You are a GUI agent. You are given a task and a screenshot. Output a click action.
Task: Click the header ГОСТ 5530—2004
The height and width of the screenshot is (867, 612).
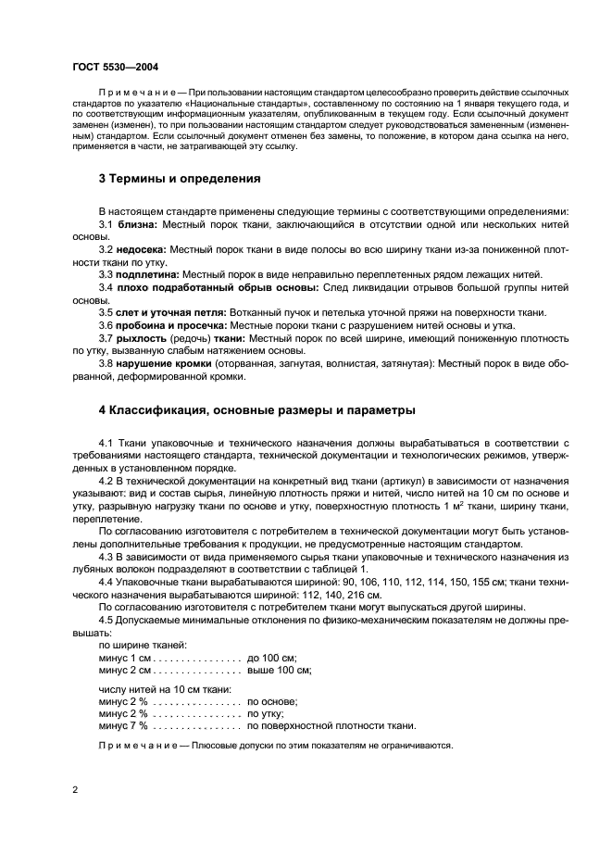point(108,68)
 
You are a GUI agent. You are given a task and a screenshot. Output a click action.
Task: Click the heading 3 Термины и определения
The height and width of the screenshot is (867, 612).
point(180,178)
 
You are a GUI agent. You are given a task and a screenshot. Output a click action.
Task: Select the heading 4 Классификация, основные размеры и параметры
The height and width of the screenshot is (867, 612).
point(257,409)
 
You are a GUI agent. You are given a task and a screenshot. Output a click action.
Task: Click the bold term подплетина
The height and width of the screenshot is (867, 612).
point(148,275)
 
